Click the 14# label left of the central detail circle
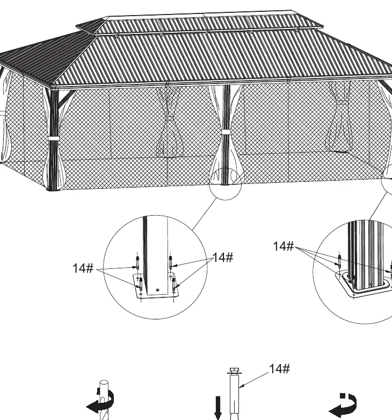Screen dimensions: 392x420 pos(83,268)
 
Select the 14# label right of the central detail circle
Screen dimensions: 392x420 pos(223,258)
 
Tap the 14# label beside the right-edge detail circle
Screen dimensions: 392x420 pos(284,246)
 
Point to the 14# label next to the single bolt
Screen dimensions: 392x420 pos(279,368)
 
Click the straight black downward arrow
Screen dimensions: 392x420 pos(218,408)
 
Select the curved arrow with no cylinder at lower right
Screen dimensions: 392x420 pos(343,404)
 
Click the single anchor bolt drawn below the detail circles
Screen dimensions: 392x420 pos(234,394)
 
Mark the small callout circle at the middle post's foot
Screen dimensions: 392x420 pos(225,184)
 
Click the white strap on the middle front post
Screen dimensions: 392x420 pos(226,132)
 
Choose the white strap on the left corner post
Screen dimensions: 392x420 pos(54,138)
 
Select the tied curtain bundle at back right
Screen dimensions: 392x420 pos(338,117)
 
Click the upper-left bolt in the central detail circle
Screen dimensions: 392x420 pos(137,262)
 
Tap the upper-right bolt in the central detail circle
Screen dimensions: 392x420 pos(171,262)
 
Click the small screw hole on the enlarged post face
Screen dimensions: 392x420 pos(157,290)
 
